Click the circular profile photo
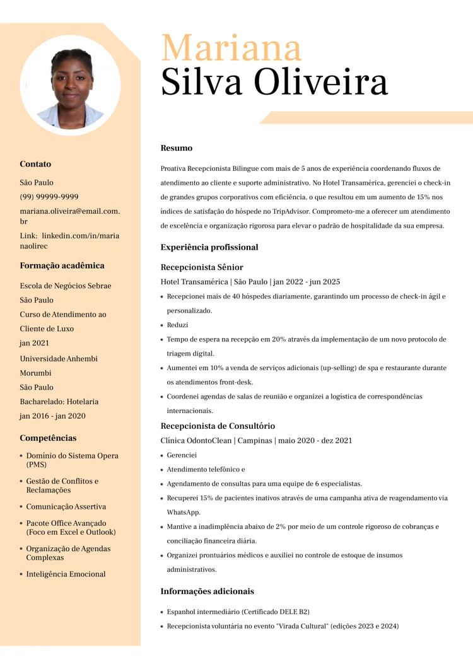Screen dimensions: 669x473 tap(70, 85)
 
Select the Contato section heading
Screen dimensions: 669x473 tap(35, 164)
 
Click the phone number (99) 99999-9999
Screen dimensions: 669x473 tap(49, 197)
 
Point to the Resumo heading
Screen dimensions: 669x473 tap(177, 148)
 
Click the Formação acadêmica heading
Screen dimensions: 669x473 tap(62, 265)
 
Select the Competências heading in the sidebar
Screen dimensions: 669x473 tap(48, 438)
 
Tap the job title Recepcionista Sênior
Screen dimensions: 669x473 tap(202, 267)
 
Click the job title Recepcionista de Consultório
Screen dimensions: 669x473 tap(218, 426)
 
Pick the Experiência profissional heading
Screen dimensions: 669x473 tap(209, 247)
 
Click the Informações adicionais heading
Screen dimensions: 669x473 tap(207, 591)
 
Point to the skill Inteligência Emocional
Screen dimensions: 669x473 tap(66, 574)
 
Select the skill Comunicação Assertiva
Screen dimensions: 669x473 tap(66, 506)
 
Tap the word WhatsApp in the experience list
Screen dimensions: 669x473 tap(184, 512)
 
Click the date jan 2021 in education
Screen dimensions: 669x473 tap(34, 343)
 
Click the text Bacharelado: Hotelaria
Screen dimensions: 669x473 tap(59, 402)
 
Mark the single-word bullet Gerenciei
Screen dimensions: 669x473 tap(182, 455)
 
